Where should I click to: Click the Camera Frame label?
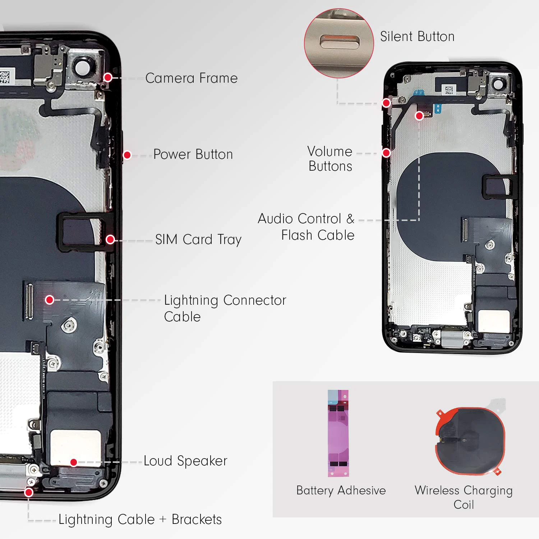(x=191, y=78)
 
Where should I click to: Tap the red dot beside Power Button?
(x=127, y=155)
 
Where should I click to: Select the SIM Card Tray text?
(x=198, y=240)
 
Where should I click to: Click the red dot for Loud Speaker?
(x=74, y=462)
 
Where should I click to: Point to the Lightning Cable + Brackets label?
(x=140, y=520)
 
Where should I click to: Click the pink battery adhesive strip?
(x=338, y=433)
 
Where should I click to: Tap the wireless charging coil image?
(x=470, y=440)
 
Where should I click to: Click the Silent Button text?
(x=417, y=37)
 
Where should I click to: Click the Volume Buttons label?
(x=330, y=159)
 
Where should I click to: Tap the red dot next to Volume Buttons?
(x=386, y=153)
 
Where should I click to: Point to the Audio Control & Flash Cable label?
(x=306, y=227)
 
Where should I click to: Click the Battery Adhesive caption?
(x=341, y=490)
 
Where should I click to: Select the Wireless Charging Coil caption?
(x=464, y=497)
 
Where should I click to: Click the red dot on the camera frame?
(x=108, y=77)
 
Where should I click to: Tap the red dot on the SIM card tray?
(x=110, y=239)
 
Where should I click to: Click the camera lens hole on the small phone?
(x=499, y=84)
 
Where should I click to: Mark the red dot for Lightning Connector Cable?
(x=50, y=300)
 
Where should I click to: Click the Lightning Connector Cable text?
(x=225, y=308)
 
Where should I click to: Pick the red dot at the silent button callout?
(x=386, y=103)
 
